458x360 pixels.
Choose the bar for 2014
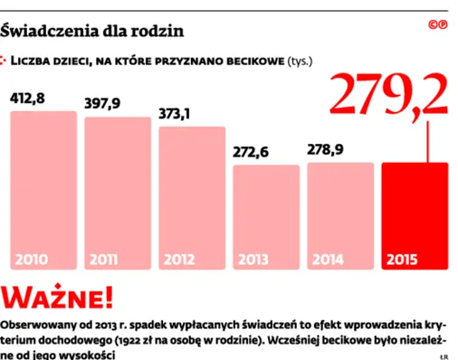click(x=340, y=216)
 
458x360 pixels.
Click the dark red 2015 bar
click(x=415, y=216)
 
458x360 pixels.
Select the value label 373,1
click(x=177, y=114)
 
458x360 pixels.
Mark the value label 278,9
click(x=326, y=149)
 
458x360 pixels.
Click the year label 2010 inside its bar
click(x=32, y=260)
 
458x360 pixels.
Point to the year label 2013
click(x=254, y=260)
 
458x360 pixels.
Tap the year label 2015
click(x=402, y=260)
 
